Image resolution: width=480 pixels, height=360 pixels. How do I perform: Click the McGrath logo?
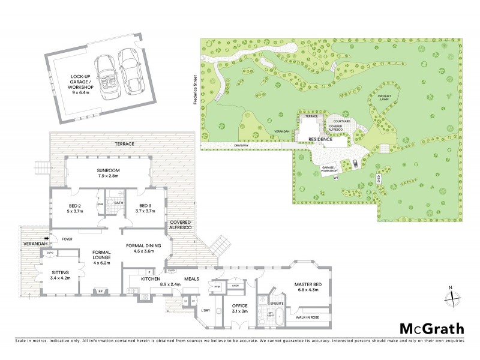pos(432,328)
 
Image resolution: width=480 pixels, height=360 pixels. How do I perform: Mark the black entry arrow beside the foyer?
pos(55,238)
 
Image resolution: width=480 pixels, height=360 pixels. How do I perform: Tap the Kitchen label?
pos(150,280)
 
